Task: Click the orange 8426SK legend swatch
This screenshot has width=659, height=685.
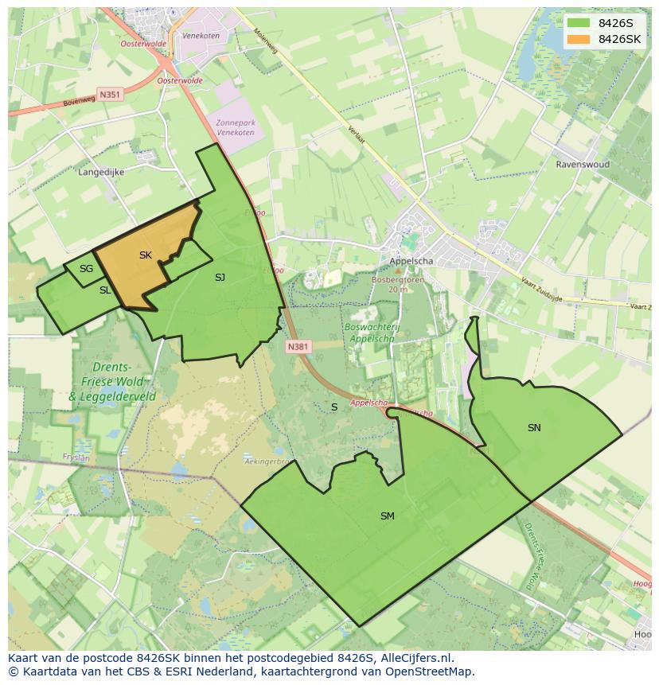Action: point(579,39)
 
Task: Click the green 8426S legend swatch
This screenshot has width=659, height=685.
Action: point(579,23)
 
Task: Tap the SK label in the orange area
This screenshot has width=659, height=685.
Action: point(145,255)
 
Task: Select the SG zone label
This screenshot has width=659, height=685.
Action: point(86,269)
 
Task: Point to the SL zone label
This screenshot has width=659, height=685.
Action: point(105,290)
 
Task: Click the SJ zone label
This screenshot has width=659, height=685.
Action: point(220,278)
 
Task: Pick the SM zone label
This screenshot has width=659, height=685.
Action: point(387,516)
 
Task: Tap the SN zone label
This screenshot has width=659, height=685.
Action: point(534,428)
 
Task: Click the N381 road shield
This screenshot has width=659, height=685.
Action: point(298,347)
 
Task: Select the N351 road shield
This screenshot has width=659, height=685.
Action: point(110,94)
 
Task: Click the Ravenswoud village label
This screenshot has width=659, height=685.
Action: point(583,165)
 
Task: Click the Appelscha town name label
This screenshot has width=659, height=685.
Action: point(411,261)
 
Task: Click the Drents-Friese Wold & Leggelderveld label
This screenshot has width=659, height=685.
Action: point(111,381)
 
